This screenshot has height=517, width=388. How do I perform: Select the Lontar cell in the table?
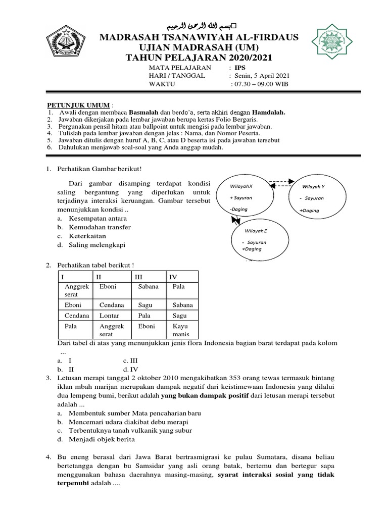(110, 316)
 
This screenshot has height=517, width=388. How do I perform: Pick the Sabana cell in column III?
(148, 287)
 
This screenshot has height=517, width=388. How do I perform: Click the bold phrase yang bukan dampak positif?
(212, 395)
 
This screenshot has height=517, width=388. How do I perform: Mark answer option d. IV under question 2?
(127, 369)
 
